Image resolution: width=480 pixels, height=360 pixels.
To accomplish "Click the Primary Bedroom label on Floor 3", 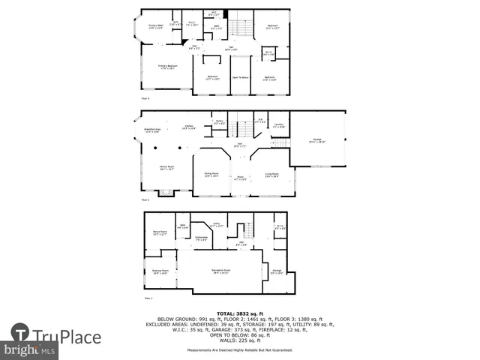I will point(165,67).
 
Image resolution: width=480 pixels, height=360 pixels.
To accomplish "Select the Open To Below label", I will point(240,78).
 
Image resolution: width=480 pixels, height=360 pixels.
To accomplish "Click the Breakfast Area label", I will point(152,130).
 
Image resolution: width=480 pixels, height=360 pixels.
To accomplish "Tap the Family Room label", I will point(166,169).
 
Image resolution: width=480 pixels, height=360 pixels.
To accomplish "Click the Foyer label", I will point(240,178).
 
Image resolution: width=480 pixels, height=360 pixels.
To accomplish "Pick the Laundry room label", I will point(277,125).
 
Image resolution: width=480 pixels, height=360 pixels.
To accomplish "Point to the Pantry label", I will point(220,122).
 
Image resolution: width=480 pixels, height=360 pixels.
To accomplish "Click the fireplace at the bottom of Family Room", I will point(166,193).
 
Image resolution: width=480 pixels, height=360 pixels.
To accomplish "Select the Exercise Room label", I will point(159,272).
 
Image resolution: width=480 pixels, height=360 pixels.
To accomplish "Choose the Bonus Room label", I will point(159,233).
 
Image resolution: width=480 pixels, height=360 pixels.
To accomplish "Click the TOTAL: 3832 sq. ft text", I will point(240,313).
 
